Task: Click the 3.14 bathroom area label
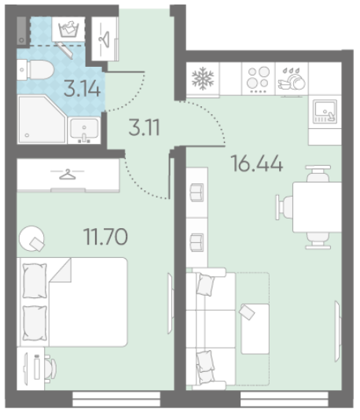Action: click(83, 89)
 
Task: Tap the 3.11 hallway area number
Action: click(144, 127)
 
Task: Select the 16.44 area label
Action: click(257, 164)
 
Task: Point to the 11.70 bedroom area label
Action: click(105, 237)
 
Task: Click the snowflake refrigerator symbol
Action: click(203, 78)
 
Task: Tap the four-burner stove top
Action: click(258, 78)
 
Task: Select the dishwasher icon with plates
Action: click(292, 78)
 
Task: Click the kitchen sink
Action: click(325, 111)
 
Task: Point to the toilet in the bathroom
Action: click(35, 70)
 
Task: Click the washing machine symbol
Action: click(68, 29)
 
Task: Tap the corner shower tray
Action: click(42, 120)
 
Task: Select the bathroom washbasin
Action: click(84, 131)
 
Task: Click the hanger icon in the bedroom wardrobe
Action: click(67, 174)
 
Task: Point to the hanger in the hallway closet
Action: click(105, 39)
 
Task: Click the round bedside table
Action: click(31, 238)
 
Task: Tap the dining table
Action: click(317, 207)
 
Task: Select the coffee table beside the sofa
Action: click(255, 329)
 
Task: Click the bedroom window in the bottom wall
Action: click(116, 399)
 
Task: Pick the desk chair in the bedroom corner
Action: click(50, 367)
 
